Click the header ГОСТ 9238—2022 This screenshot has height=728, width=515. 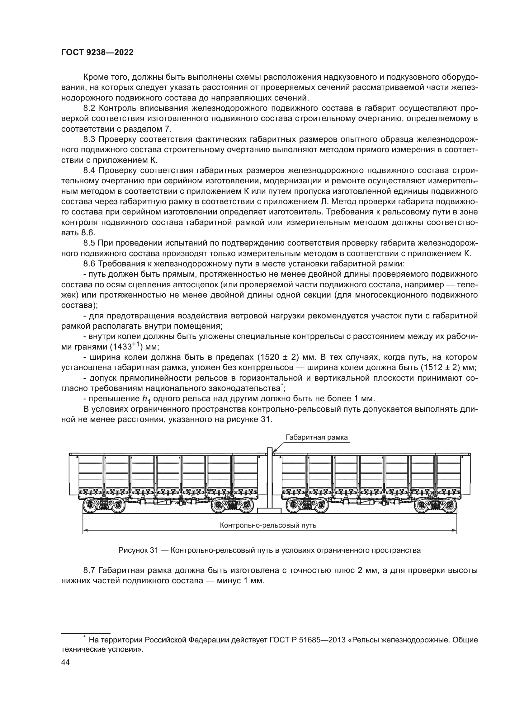[97, 53]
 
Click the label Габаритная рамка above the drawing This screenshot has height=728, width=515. [316, 438]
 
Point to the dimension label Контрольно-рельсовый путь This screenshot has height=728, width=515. [268, 525]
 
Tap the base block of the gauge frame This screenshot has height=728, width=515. [269, 510]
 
